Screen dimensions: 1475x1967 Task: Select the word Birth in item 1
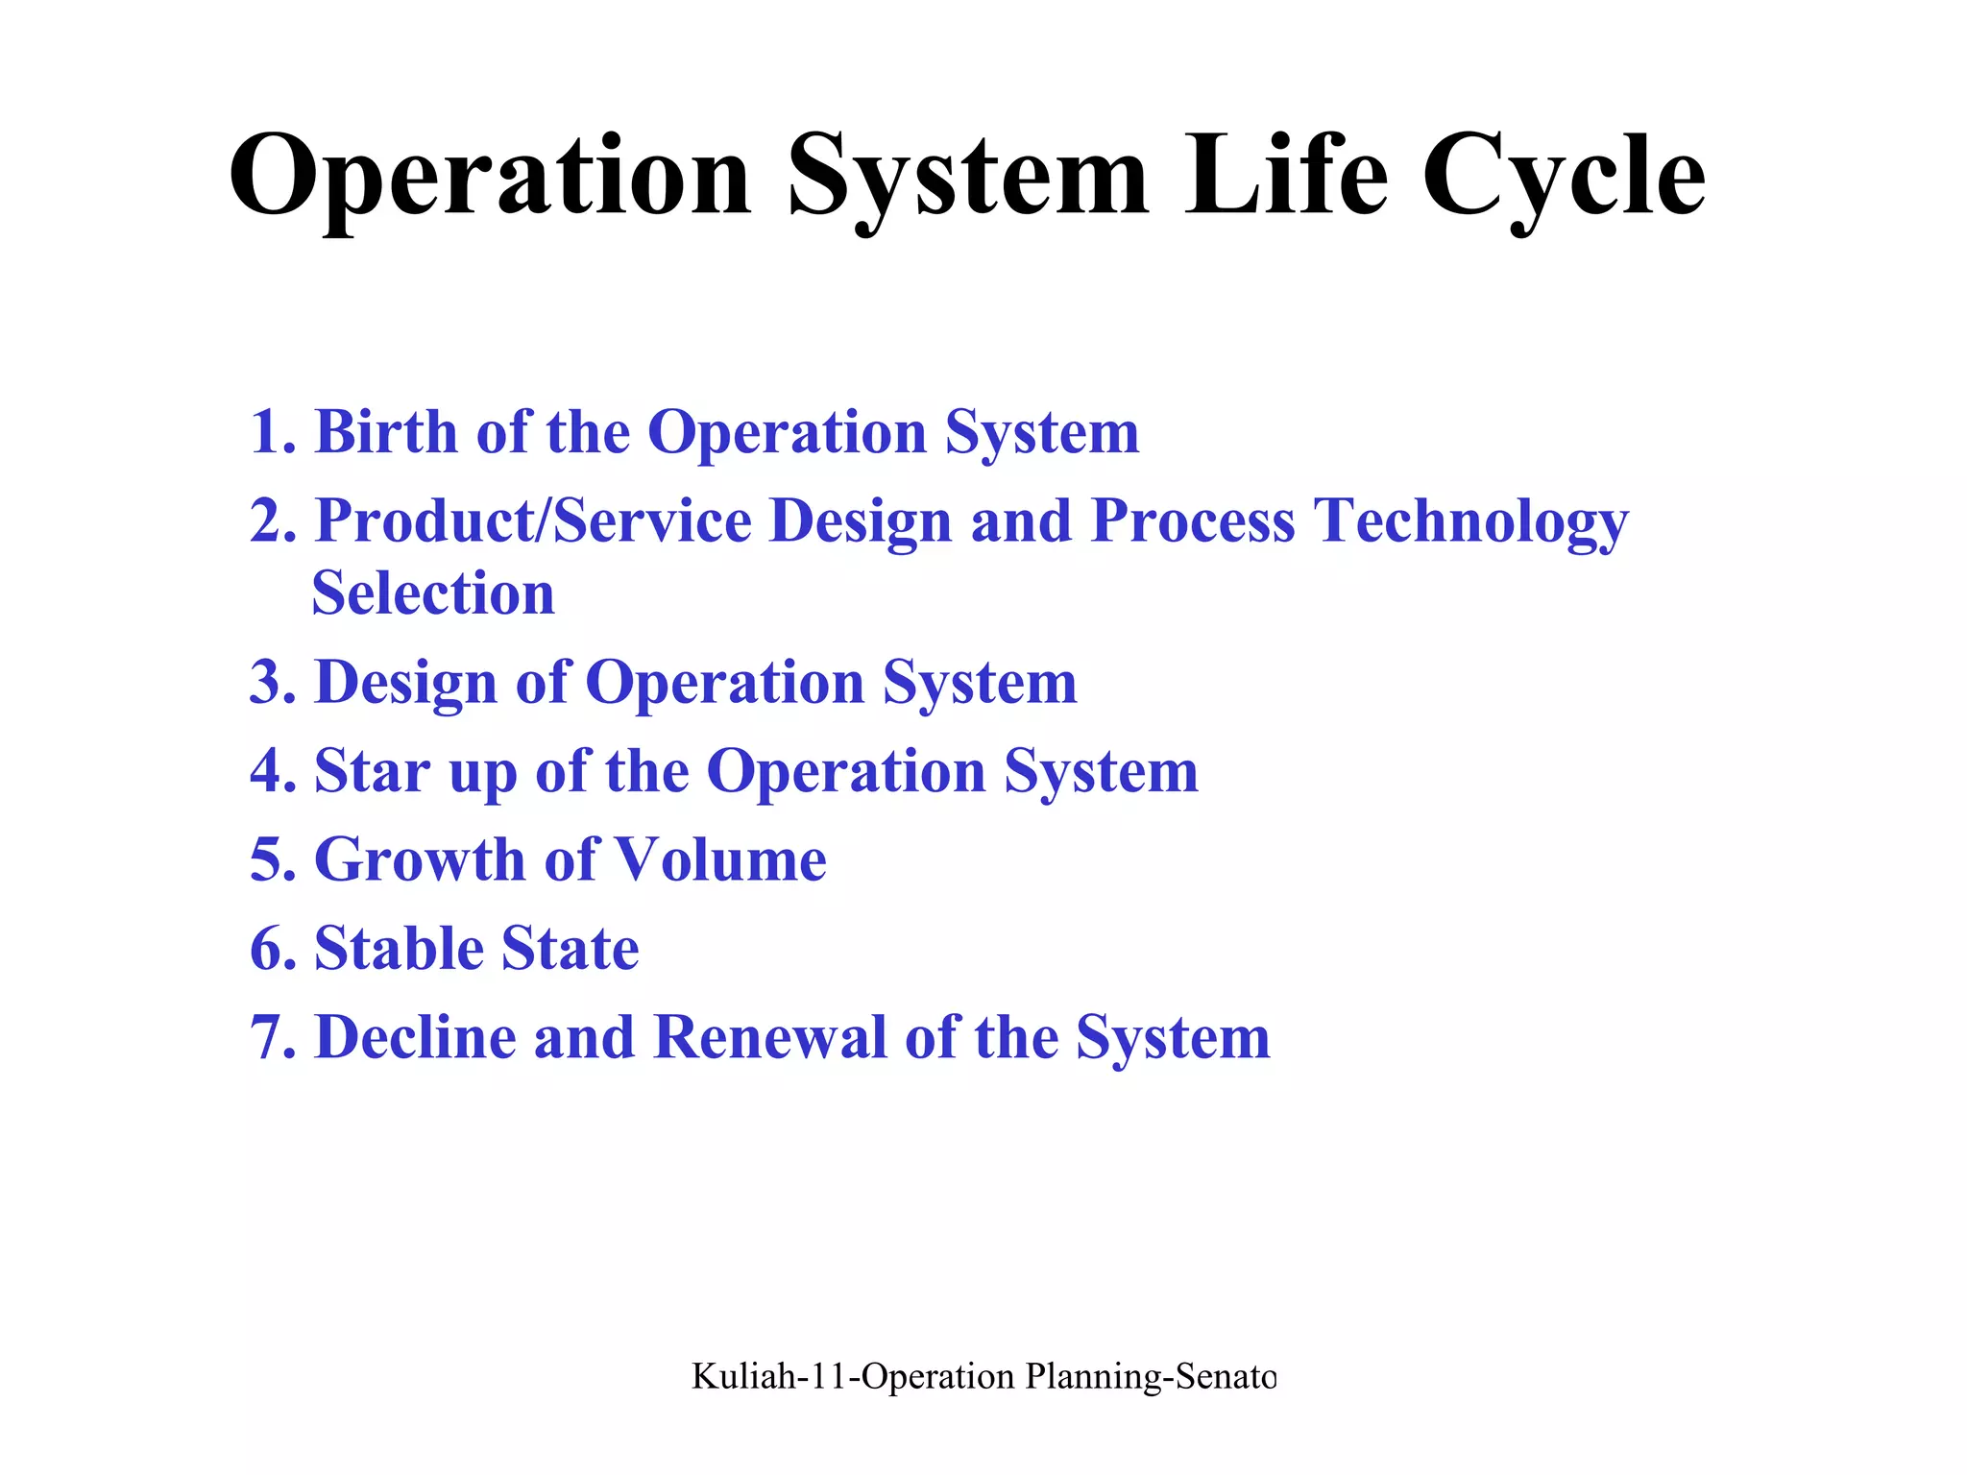click(386, 431)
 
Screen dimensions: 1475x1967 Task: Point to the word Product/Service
click(533, 520)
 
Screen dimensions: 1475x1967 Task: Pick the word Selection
click(433, 593)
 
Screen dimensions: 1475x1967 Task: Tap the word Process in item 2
click(1193, 520)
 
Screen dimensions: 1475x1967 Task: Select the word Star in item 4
click(372, 771)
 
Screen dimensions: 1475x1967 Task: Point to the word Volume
click(719, 859)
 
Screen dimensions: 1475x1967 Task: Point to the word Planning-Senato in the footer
click(1151, 1377)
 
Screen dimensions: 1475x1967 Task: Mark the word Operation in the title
click(490, 178)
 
